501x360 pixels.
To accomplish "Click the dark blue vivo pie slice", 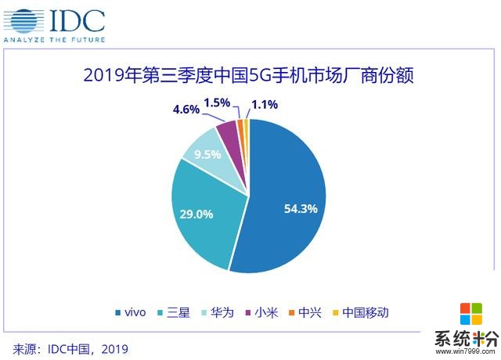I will pyautogui.click(x=290, y=196).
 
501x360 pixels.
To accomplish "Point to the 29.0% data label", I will pyautogui.click(x=196, y=214).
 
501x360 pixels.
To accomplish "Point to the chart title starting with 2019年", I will pyautogui.click(x=250, y=76).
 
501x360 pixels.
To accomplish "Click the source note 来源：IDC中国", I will pyautogui.click(x=70, y=347).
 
